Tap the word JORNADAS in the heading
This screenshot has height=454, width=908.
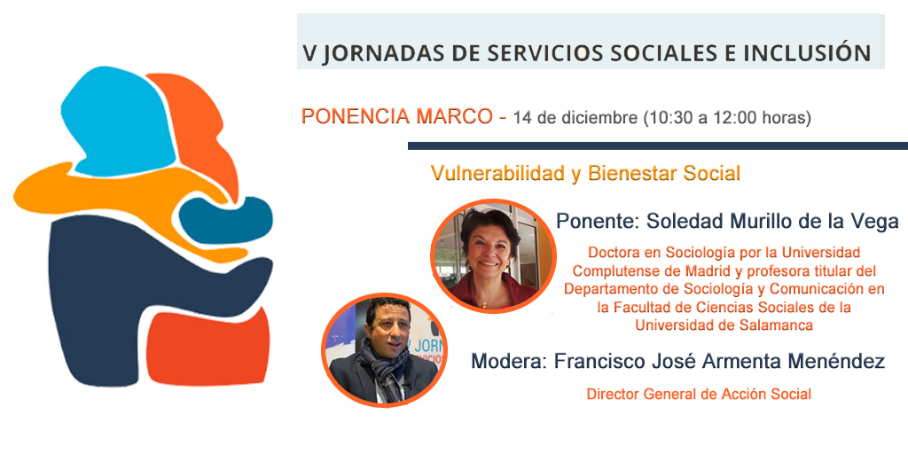pos(374,53)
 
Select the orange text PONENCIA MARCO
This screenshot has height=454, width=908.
pos(398,117)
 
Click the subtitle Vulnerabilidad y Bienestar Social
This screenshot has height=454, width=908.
pos(585,174)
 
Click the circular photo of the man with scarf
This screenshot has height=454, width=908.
pos(382,348)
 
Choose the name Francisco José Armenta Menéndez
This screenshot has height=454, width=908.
pos(718,362)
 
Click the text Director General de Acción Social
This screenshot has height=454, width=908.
pos(699,394)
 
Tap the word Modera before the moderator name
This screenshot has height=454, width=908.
pos(506,362)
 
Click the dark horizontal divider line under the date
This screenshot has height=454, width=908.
pos(656,145)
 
